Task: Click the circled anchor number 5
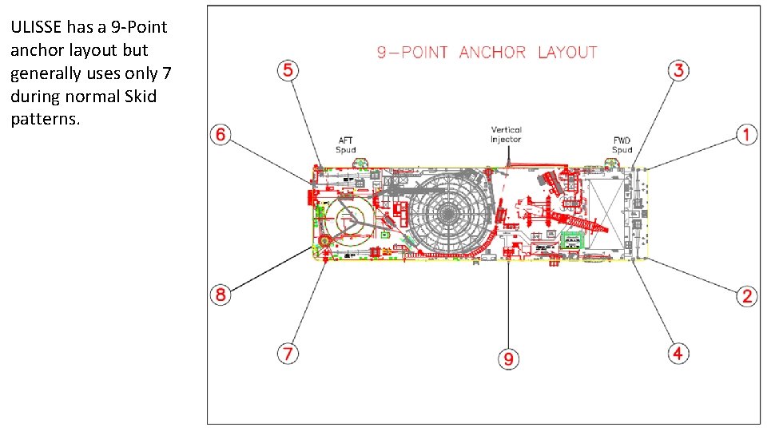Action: pos(288,70)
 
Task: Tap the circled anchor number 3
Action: pos(678,70)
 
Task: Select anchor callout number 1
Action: pos(746,134)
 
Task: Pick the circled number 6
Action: pos(221,134)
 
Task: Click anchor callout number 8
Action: pos(221,295)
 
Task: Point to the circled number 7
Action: pos(288,352)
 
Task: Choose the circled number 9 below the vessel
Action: pos(508,359)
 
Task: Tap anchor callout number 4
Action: pos(678,352)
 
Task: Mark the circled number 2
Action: pos(746,296)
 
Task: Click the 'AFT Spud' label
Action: pos(346,145)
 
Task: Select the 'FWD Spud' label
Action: pos(622,145)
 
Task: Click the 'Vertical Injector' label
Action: pos(506,134)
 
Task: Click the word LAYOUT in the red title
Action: pos(567,53)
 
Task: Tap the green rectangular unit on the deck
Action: pos(572,240)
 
